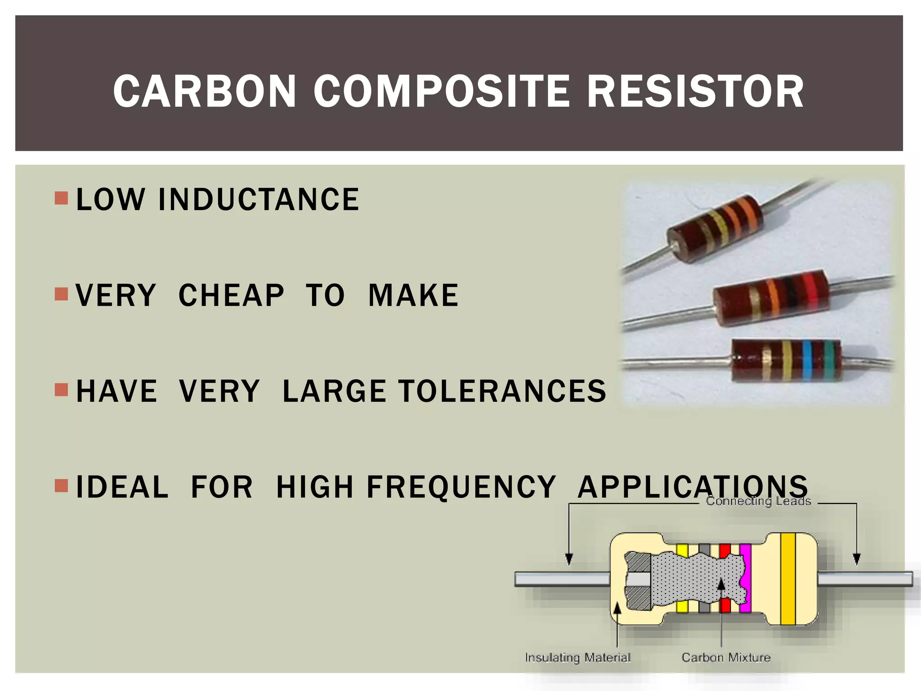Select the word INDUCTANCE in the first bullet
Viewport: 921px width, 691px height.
tap(259, 199)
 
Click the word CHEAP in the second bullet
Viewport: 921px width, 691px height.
tap(231, 296)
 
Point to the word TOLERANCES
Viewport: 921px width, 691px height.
tap(502, 391)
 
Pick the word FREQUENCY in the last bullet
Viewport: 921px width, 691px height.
tap(461, 487)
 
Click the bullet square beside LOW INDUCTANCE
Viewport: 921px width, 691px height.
tap(61, 198)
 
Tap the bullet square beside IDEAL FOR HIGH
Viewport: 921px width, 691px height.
tap(61, 485)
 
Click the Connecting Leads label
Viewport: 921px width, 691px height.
tap(758, 501)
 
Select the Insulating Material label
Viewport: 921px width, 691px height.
tap(577, 658)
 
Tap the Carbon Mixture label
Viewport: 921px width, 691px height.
tap(726, 658)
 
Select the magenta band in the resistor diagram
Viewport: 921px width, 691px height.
tap(745, 578)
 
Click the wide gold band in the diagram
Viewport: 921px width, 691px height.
tap(787, 579)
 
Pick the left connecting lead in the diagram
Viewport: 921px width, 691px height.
tap(562, 579)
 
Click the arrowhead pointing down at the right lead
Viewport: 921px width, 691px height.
tap(857, 559)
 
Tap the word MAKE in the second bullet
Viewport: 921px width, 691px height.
tap(413, 296)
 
